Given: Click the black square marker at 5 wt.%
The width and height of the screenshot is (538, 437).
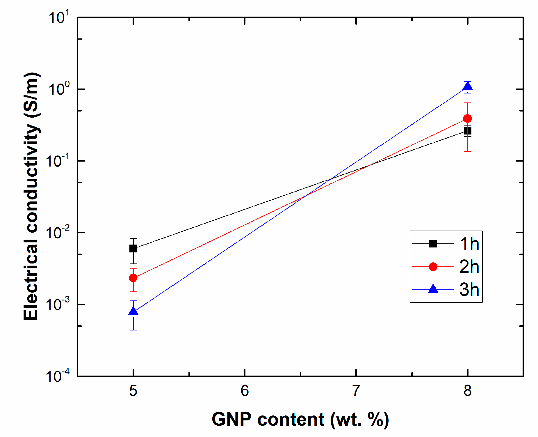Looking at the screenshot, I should [133, 248].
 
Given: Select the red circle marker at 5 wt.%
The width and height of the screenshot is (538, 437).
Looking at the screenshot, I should [133, 278].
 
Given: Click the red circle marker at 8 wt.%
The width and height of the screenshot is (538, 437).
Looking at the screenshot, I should [468, 118].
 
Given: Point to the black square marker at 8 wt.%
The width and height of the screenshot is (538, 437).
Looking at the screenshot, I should [468, 130].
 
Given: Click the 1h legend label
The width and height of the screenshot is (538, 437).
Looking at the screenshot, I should [469, 244].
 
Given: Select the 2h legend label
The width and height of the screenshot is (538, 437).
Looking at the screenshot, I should [469, 267].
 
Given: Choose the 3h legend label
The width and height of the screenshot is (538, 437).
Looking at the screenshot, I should [469, 290].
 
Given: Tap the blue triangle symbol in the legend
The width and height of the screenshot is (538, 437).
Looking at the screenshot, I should [433, 289].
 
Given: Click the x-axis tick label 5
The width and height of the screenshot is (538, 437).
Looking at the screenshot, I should [133, 391].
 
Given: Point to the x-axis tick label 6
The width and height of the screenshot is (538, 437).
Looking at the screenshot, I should [245, 391].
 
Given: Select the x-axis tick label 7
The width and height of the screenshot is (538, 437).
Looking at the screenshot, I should [356, 391].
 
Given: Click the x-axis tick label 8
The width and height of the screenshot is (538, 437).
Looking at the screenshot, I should [468, 391].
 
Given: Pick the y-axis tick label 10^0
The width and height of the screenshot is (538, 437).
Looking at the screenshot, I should [59, 89].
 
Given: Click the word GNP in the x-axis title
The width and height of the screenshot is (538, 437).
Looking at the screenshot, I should [231, 420].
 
